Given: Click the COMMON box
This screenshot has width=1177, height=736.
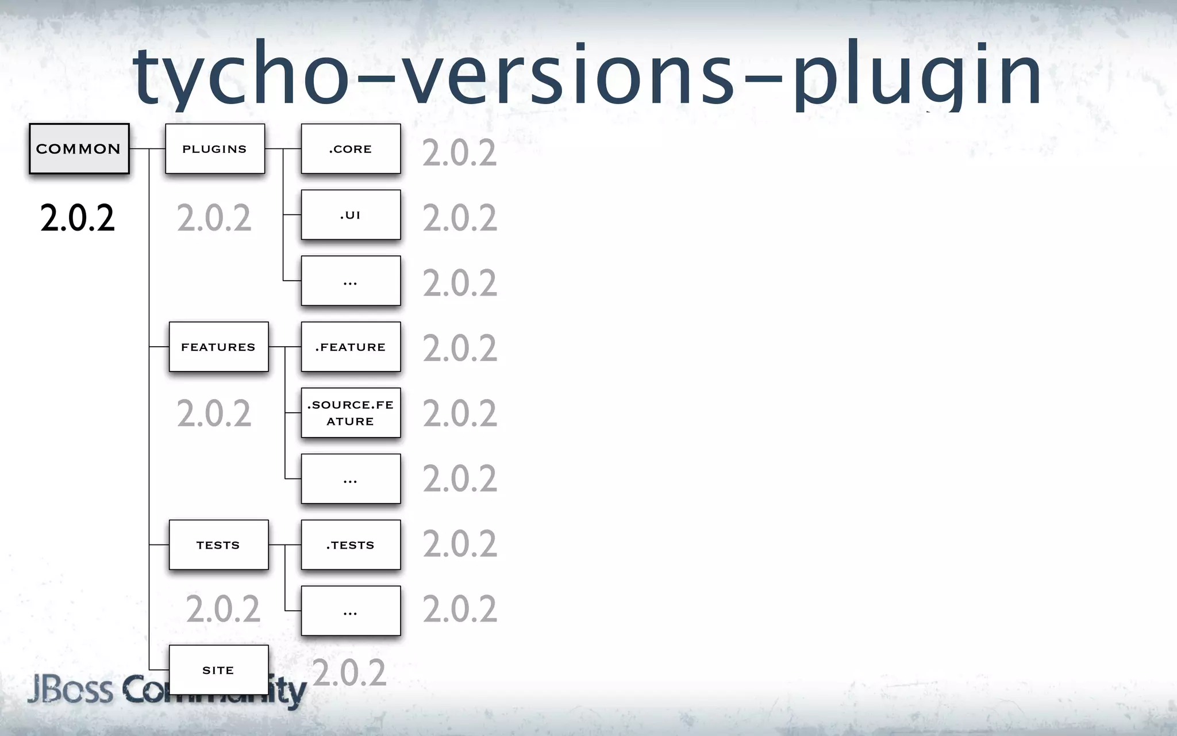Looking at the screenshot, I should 79,148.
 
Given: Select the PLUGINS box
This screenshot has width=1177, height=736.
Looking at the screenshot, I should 215,148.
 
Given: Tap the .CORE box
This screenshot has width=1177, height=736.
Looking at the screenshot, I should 351,148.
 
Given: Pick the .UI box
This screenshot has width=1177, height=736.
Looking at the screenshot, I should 351,214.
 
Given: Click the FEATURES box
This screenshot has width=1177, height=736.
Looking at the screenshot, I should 218,347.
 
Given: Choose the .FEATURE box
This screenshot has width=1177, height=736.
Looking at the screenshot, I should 351,347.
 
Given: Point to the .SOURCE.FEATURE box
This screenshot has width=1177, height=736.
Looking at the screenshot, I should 351,413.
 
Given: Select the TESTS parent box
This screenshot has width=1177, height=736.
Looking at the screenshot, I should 218,545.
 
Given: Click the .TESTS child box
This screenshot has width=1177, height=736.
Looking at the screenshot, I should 351,545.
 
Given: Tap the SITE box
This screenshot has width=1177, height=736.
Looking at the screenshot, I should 218,670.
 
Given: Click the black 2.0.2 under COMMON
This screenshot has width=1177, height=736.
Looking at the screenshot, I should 78,218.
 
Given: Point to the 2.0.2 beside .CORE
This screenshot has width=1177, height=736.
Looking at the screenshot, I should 460,153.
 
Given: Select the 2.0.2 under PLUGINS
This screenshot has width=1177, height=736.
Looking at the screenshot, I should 214,218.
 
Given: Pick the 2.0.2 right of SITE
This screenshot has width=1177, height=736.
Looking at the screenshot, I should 349,673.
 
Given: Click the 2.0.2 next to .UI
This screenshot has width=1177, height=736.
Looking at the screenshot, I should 460,218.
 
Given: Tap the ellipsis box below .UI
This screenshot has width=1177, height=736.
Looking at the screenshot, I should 351,281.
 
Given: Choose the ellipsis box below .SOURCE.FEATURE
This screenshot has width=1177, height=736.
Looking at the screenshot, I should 351,479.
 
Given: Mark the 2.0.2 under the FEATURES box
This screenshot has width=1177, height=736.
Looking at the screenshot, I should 214,413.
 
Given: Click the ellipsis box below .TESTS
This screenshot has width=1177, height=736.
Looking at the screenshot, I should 351,611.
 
